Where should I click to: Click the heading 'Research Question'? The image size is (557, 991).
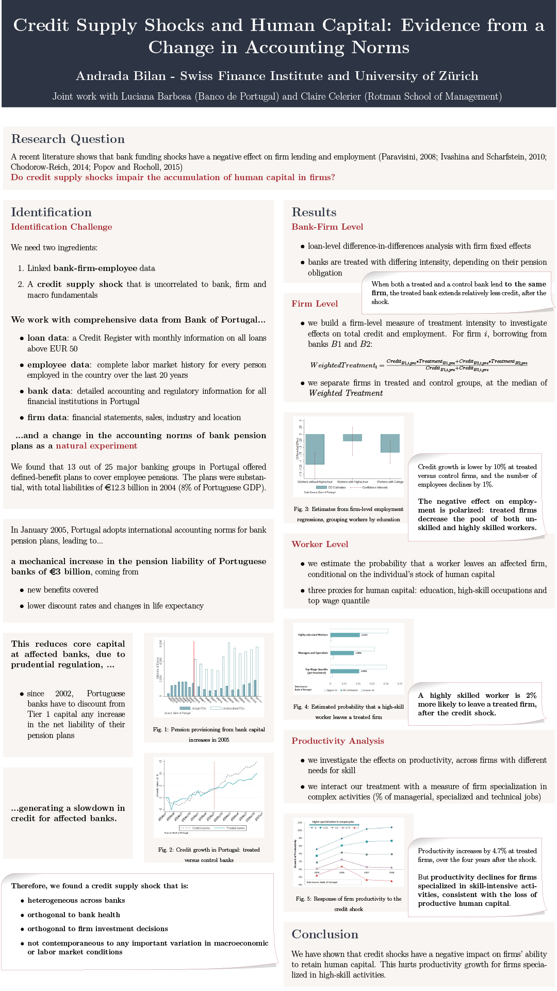[68, 139]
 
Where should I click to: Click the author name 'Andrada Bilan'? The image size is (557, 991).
[121, 76]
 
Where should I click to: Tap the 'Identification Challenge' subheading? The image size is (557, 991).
[61, 227]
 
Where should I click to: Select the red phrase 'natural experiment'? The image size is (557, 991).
[96, 446]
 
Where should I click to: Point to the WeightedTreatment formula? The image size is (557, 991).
[418, 364]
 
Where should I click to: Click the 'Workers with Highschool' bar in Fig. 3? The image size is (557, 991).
[352, 438]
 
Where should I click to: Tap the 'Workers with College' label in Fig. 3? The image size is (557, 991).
[390, 482]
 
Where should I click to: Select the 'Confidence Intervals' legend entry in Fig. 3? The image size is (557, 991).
[374, 487]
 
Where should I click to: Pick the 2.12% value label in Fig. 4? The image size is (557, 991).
[364, 635]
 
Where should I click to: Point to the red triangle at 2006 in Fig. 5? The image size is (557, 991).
[341, 866]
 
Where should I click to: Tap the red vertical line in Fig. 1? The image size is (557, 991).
[194, 668]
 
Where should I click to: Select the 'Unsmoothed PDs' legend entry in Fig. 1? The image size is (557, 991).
[233, 708]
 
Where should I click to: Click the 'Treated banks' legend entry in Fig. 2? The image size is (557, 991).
[235, 828]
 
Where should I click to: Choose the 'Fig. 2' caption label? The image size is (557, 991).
[166, 850]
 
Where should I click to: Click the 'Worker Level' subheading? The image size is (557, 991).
[320, 545]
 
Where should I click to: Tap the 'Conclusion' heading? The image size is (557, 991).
[325, 935]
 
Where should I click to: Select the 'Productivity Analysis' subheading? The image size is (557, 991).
[338, 741]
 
